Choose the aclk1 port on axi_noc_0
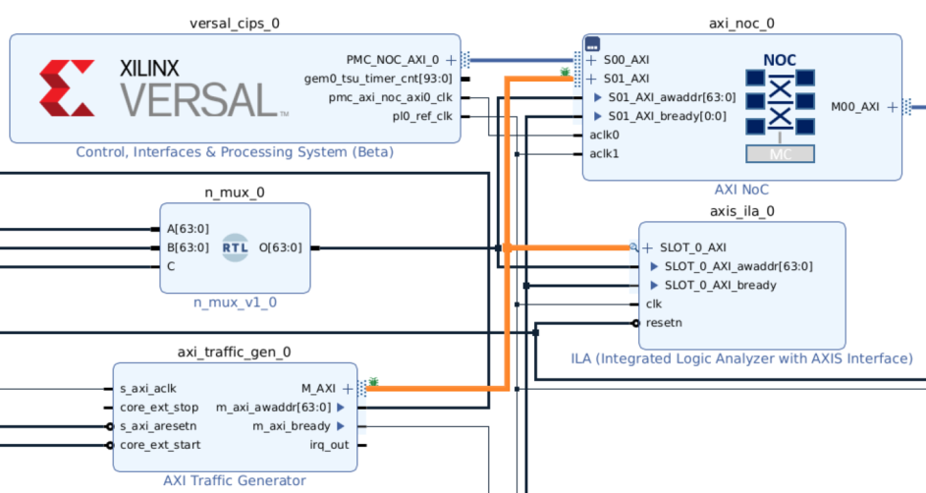(604, 153)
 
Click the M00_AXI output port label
(854, 107)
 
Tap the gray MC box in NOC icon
(780, 153)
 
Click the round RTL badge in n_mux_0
(236, 247)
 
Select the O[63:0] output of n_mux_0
(280, 247)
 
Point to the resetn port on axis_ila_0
(664, 322)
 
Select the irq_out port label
(328, 445)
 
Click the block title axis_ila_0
(741, 210)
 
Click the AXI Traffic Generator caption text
(235, 480)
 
